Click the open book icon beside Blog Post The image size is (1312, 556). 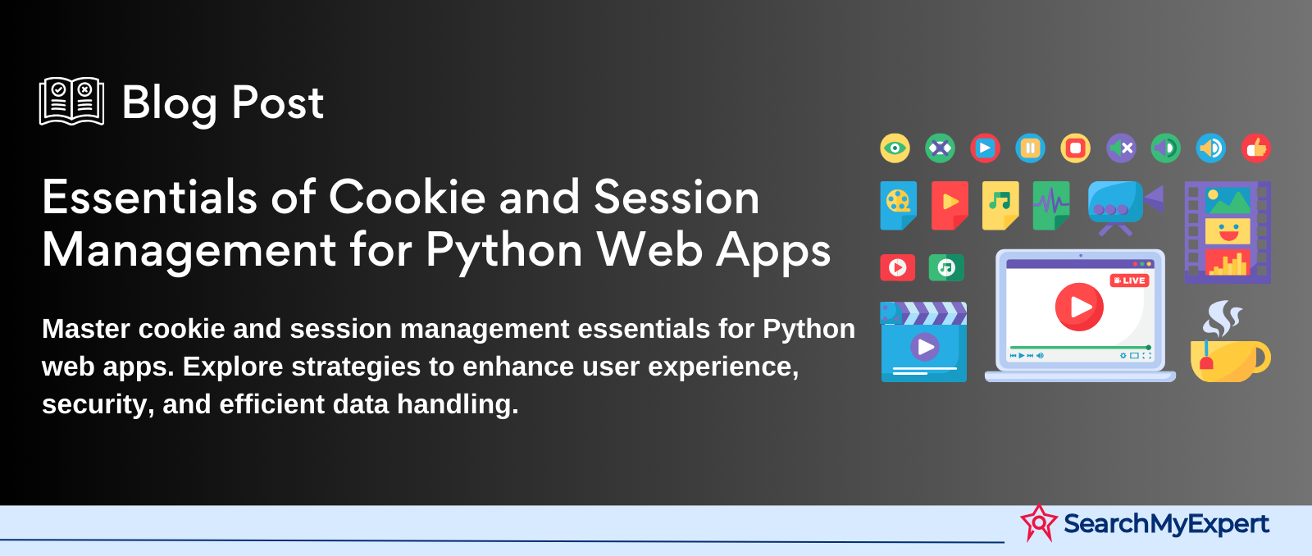(71, 102)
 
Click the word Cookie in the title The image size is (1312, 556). (407, 198)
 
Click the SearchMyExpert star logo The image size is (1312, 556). (1039, 523)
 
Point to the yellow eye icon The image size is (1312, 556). (895, 148)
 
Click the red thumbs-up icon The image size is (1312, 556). (1255, 148)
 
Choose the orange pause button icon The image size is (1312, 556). (1030, 148)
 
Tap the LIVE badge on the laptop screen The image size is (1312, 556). (1129, 280)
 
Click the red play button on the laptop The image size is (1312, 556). (1079, 307)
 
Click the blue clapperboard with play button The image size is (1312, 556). (923, 342)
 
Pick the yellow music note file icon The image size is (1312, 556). (1000, 206)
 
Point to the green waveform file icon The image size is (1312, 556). (1051, 206)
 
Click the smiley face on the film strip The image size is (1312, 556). (1228, 231)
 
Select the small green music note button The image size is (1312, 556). (946, 267)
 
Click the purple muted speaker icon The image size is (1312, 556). (1121, 148)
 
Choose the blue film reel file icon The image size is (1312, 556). (899, 206)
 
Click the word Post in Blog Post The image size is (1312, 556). (278, 103)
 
